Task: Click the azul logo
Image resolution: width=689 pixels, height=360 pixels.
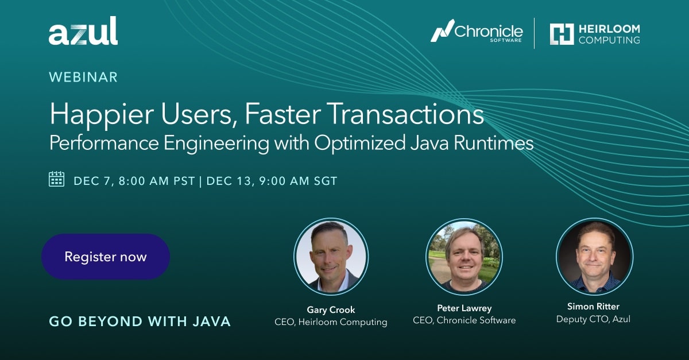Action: coord(83,32)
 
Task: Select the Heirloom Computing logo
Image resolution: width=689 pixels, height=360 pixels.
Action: coord(594,33)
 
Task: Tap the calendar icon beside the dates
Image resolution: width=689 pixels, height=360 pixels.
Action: coord(57,179)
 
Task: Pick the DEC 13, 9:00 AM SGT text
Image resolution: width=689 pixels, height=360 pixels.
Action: coord(272,181)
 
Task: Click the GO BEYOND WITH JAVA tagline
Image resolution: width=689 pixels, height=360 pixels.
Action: coord(140,322)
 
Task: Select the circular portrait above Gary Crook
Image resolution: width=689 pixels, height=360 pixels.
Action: coord(331,256)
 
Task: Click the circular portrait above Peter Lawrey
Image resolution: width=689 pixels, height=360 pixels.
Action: coord(464,257)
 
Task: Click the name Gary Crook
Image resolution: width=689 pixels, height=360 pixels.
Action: coord(331,309)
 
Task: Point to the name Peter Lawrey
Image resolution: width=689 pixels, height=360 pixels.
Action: coord(464,308)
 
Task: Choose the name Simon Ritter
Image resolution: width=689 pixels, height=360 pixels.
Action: coord(593,307)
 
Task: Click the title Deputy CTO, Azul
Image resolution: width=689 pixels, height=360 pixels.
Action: coord(593,319)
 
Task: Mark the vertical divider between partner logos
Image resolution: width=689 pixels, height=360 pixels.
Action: coord(534,33)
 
